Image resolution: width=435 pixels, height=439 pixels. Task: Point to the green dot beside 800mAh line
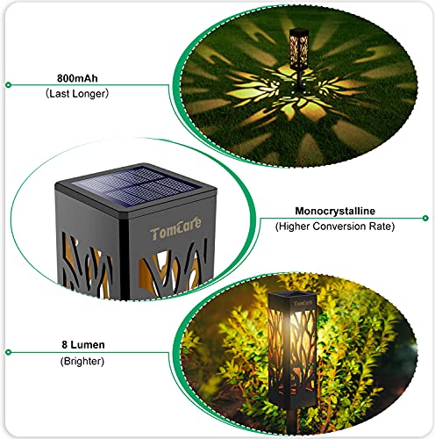pyautogui.click(x=8, y=84)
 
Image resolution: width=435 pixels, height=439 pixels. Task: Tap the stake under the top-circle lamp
pyautogui.click(x=298, y=83)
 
